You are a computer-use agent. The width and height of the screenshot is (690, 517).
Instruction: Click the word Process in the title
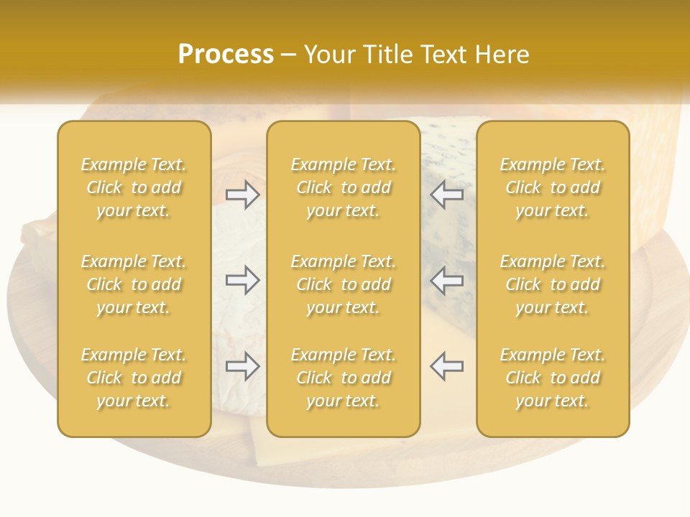click(226, 55)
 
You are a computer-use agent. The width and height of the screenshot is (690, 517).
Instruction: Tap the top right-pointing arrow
click(243, 195)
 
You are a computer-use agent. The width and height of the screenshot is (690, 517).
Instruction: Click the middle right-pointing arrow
click(243, 280)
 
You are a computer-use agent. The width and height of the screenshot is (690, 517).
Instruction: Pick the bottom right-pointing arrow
click(243, 366)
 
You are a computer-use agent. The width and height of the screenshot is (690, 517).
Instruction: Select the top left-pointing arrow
click(446, 195)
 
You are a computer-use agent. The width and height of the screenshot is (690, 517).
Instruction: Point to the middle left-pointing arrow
click(446, 280)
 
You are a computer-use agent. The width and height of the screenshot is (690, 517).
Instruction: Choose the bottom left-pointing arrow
click(446, 366)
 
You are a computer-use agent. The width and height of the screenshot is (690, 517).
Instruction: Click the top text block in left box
click(134, 187)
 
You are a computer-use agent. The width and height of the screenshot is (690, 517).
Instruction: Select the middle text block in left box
click(134, 284)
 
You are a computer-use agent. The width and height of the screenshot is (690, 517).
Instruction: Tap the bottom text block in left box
click(134, 378)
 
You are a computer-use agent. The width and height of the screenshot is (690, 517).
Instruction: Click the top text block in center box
click(343, 187)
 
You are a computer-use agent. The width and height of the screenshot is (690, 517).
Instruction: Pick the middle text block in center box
click(343, 284)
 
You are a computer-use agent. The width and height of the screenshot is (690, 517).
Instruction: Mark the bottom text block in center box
click(343, 378)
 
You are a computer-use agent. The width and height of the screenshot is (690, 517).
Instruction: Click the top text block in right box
click(552, 187)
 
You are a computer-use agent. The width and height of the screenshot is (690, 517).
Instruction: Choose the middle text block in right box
click(552, 284)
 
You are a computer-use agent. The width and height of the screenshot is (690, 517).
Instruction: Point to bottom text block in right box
click(552, 378)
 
